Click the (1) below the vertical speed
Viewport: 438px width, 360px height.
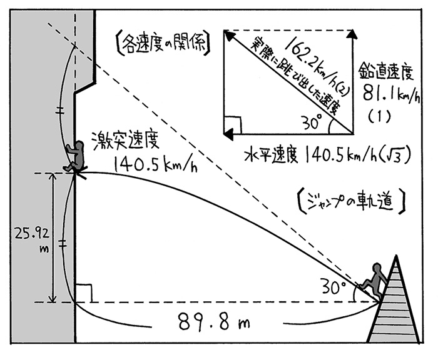click(383, 115)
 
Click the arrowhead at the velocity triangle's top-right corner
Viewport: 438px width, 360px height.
click(352, 36)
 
